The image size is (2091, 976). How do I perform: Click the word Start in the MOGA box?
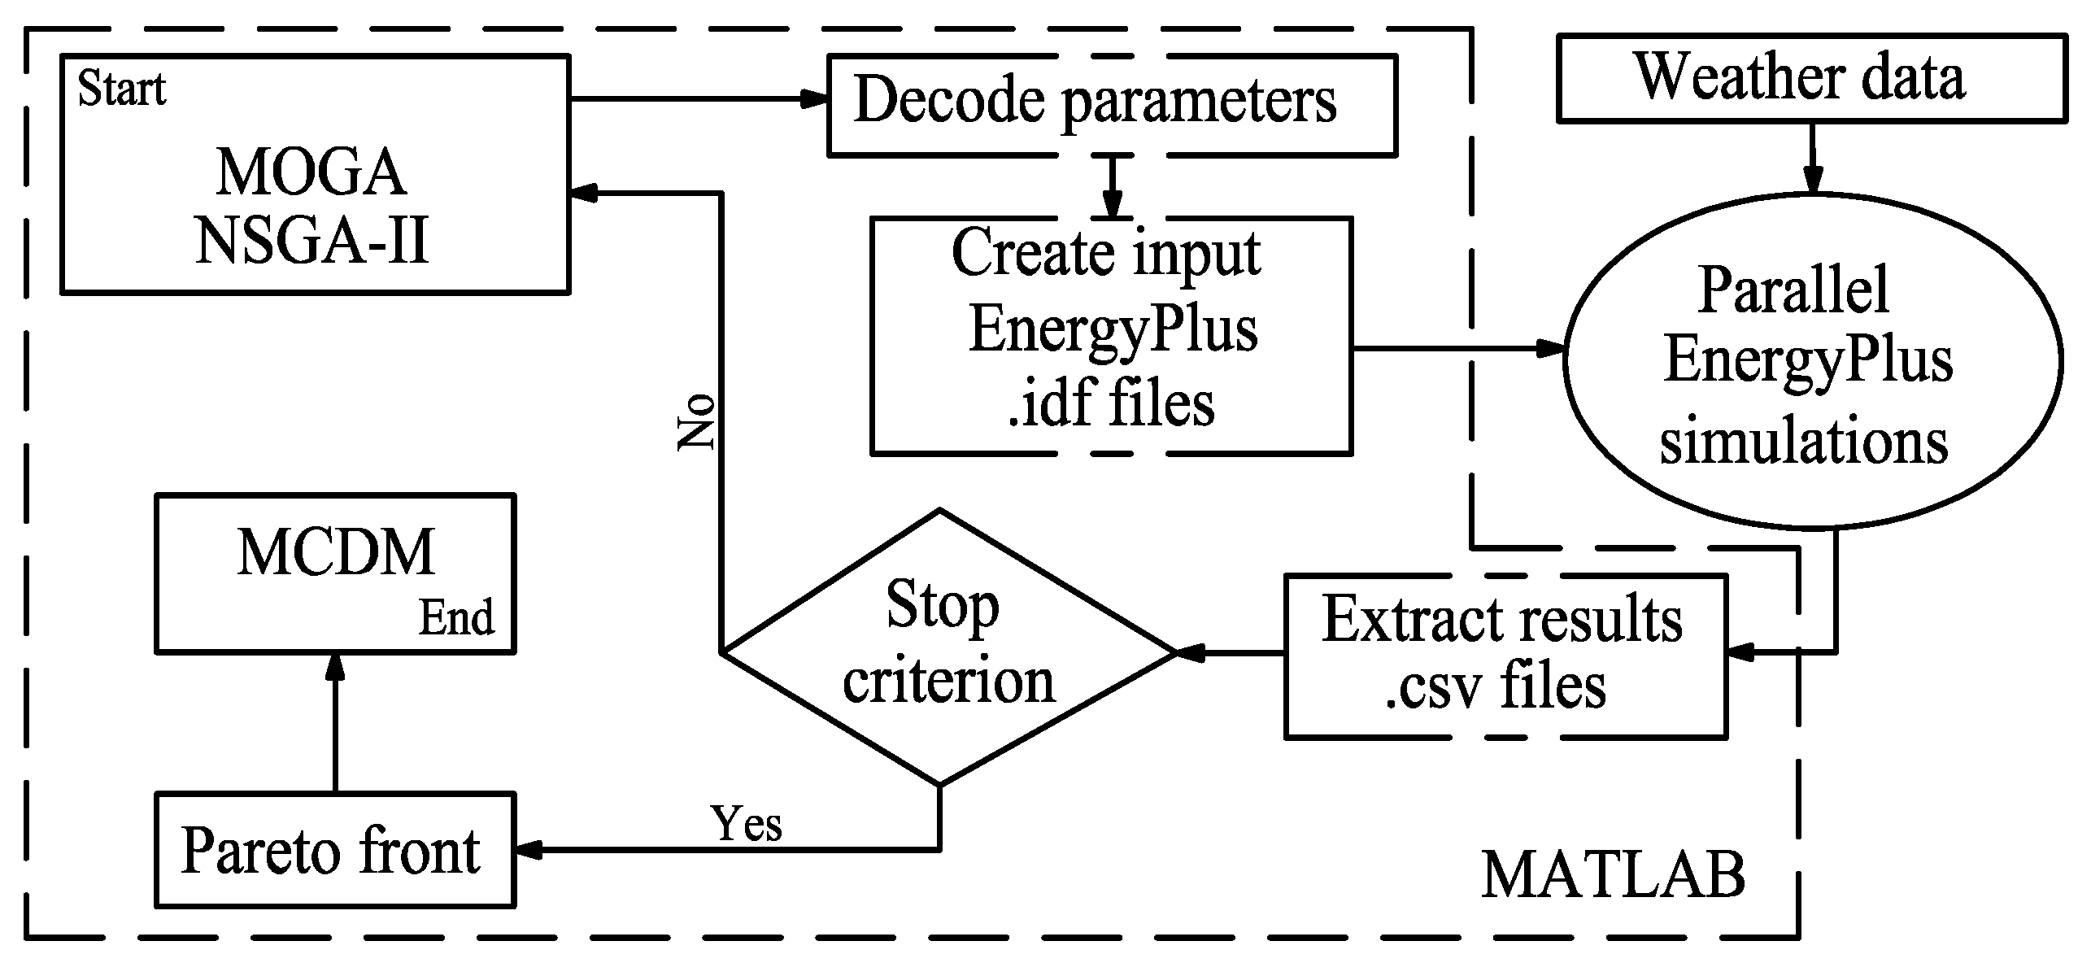pyautogui.click(x=121, y=89)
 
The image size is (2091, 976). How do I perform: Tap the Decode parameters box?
pyautogui.click(x=1111, y=104)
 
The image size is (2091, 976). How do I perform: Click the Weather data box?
pyautogui.click(x=1810, y=79)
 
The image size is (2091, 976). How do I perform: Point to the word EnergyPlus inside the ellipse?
pyautogui.click(x=1808, y=360)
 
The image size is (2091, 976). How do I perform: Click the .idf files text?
pyautogui.click(x=1111, y=404)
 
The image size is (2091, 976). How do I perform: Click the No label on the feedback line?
pyautogui.click(x=698, y=422)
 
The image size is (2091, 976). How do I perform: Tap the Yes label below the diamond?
pyautogui.click(x=746, y=823)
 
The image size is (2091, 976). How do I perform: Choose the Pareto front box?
pyautogui.click(x=334, y=850)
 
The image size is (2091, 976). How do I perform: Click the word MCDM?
pyautogui.click(x=336, y=553)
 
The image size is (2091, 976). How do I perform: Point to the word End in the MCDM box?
pyautogui.click(x=455, y=618)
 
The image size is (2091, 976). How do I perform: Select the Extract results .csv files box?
pyautogui.click(x=1504, y=656)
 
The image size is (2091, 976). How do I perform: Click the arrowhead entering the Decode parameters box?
pyautogui.click(x=813, y=99)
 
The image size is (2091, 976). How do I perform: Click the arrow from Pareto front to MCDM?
pyautogui.click(x=334, y=724)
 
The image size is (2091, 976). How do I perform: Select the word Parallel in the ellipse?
pyautogui.click(x=1793, y=290)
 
